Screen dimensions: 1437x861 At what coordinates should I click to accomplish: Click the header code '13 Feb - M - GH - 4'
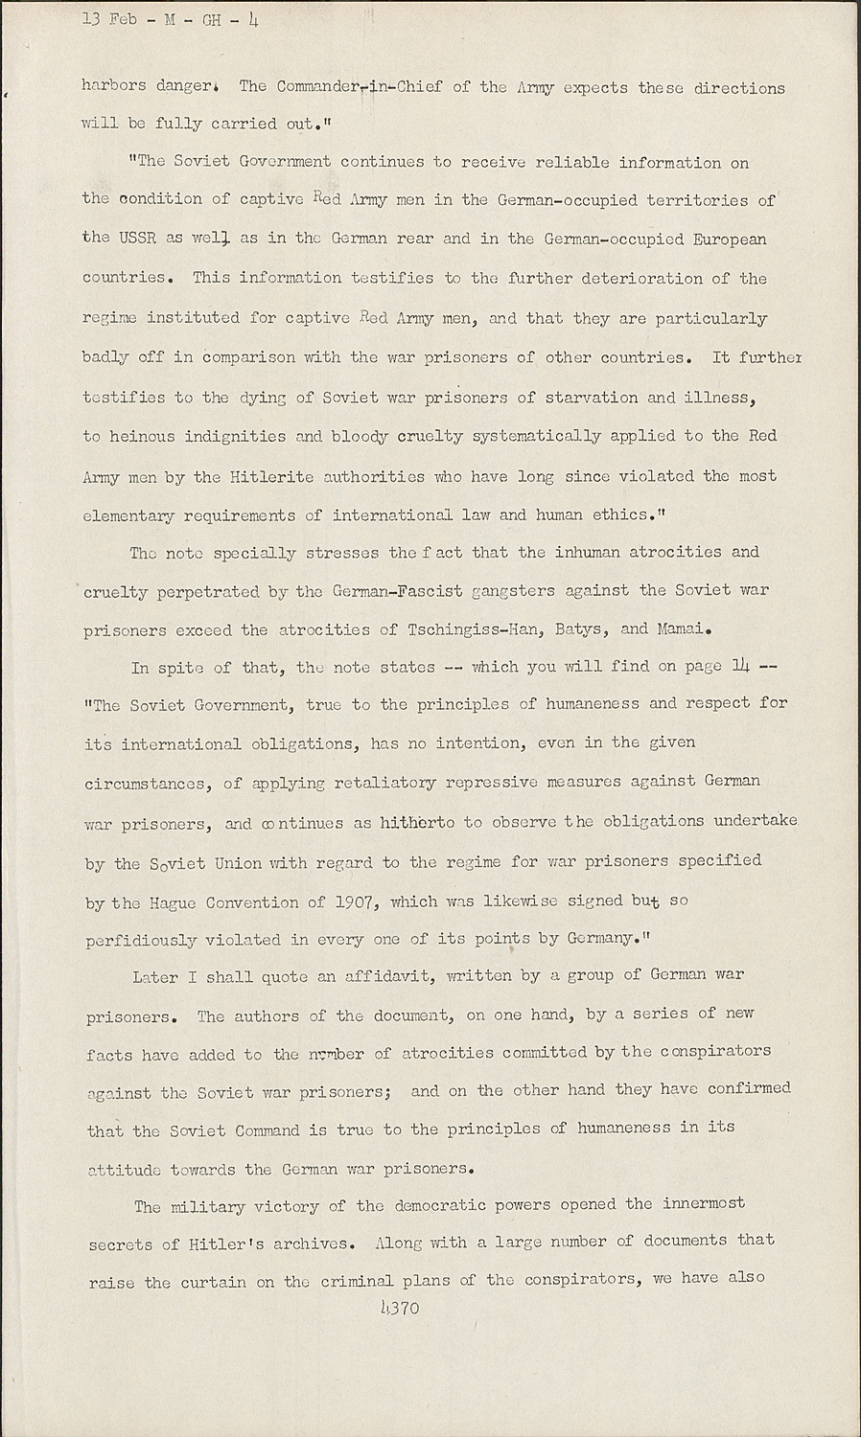[x=151, y=16]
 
